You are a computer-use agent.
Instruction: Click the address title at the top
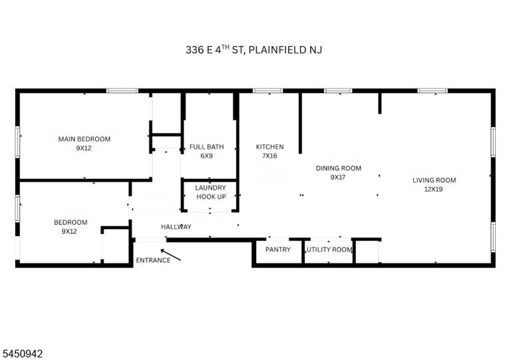point(254,49)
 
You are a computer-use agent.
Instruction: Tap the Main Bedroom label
point(85,139)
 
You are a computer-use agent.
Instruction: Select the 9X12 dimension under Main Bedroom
point(84,148)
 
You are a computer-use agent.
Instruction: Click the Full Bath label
point(207,147)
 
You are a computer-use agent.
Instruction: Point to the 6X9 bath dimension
point(207,156)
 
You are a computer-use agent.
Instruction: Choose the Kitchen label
point(270,147)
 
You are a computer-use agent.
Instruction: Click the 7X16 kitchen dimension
point(269,156)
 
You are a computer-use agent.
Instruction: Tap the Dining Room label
point(339,168)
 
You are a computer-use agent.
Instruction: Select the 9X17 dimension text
point(338,178)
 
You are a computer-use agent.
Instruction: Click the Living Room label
point(434,180)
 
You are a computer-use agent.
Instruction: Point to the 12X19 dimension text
point(433,189)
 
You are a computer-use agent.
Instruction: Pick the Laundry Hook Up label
point(210,192)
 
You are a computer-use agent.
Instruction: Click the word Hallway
point(176,227)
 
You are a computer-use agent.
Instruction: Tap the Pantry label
point(278,250)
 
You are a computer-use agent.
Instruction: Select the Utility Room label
point(329,250)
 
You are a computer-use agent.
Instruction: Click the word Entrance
point(153,260)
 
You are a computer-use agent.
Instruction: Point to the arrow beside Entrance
point(170,255)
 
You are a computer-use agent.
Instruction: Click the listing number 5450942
point(23,354)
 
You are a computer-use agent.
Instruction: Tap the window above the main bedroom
point(122,90)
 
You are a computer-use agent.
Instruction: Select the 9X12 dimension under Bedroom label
point(69,232)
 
